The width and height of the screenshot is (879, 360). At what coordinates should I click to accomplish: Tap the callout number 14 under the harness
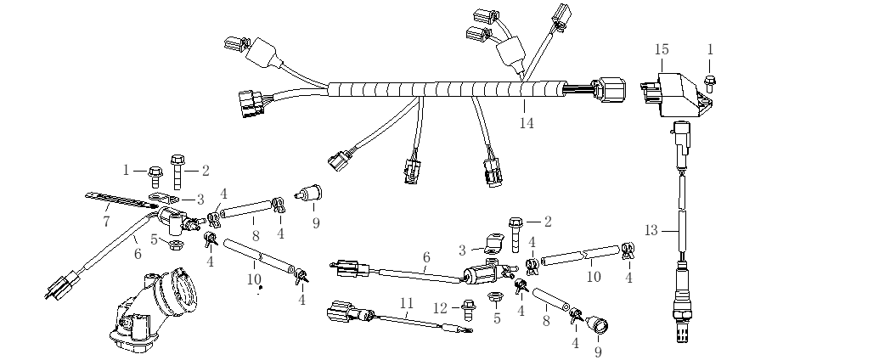tap(526, 123)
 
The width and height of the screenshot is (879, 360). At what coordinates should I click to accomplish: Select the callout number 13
tap(651, 229)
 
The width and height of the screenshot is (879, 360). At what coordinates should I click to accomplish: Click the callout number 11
tap(407, 302)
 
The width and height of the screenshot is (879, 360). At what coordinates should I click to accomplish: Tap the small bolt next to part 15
tap(710, 81)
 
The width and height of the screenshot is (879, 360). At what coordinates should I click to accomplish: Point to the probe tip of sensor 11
tap(459, 329)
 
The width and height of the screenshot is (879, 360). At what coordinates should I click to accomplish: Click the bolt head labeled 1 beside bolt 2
tap(156, 172)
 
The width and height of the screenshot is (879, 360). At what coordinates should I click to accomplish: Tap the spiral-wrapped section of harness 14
tap(442, 87)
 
